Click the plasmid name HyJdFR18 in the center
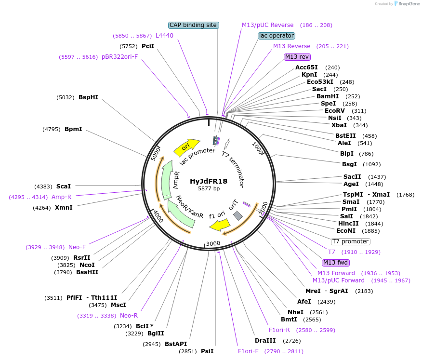click(208, 181)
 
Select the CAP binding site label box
click(194, 25)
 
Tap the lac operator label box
click(277, 36)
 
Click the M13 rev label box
click(297, 57)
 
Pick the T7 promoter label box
click(350, 241)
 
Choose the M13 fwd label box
click(336, 263)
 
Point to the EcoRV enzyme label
click(334, 111)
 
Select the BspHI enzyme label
click(88, 97)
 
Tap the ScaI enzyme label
click(64, 186)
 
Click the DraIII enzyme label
click(264, 341)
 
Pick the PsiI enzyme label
click(207, 351)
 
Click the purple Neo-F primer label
click(77, 247)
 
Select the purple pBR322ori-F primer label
click(119, 57)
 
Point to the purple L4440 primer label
click(164, 36)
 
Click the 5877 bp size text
click(208, 189)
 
